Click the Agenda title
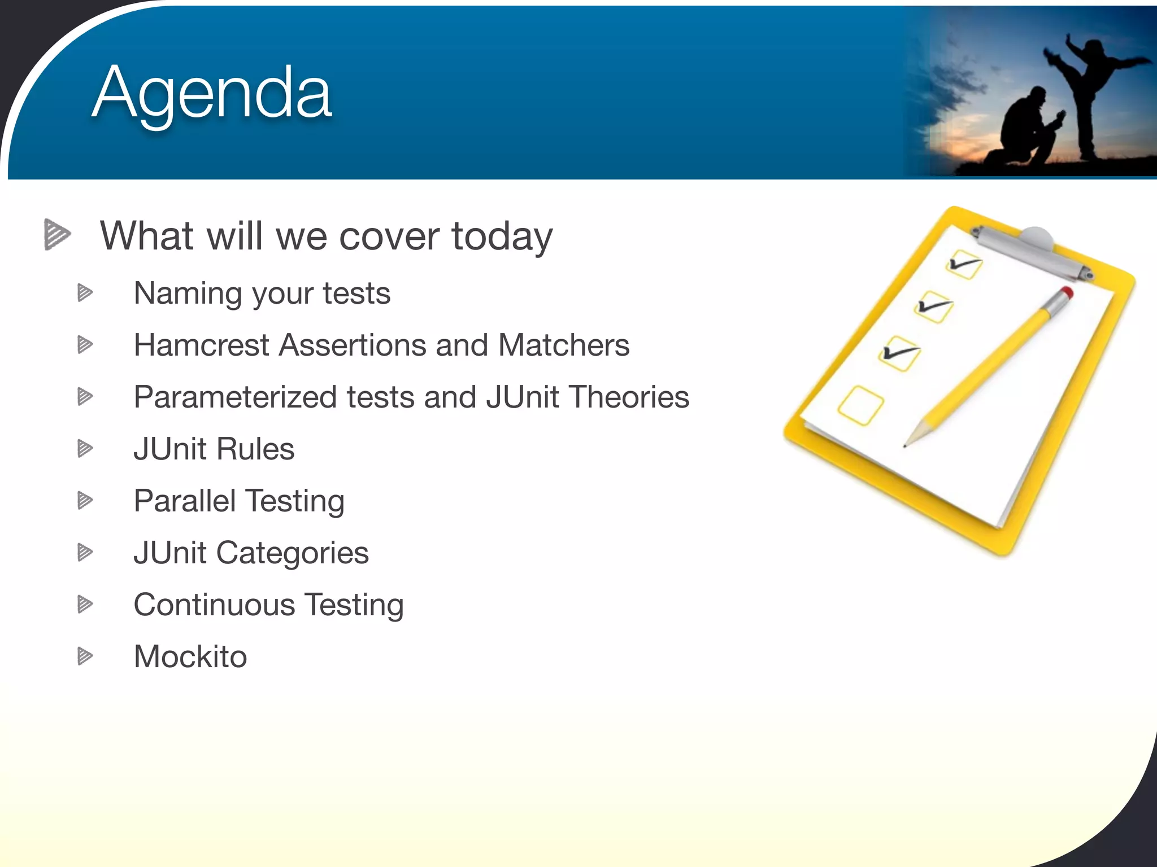coord(212,93)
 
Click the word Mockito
coord(190,656)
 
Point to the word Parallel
coord(185,501)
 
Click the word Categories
coord(292,553)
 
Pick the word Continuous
coord(214,605)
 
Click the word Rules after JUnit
coord(255,449)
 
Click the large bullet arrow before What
coord(56,234)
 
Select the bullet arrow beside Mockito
coord(85,656)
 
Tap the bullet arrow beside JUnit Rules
coord(85,449)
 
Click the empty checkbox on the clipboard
coord(860,405)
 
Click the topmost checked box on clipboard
coord(964,264)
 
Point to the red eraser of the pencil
coord(1066,292)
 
